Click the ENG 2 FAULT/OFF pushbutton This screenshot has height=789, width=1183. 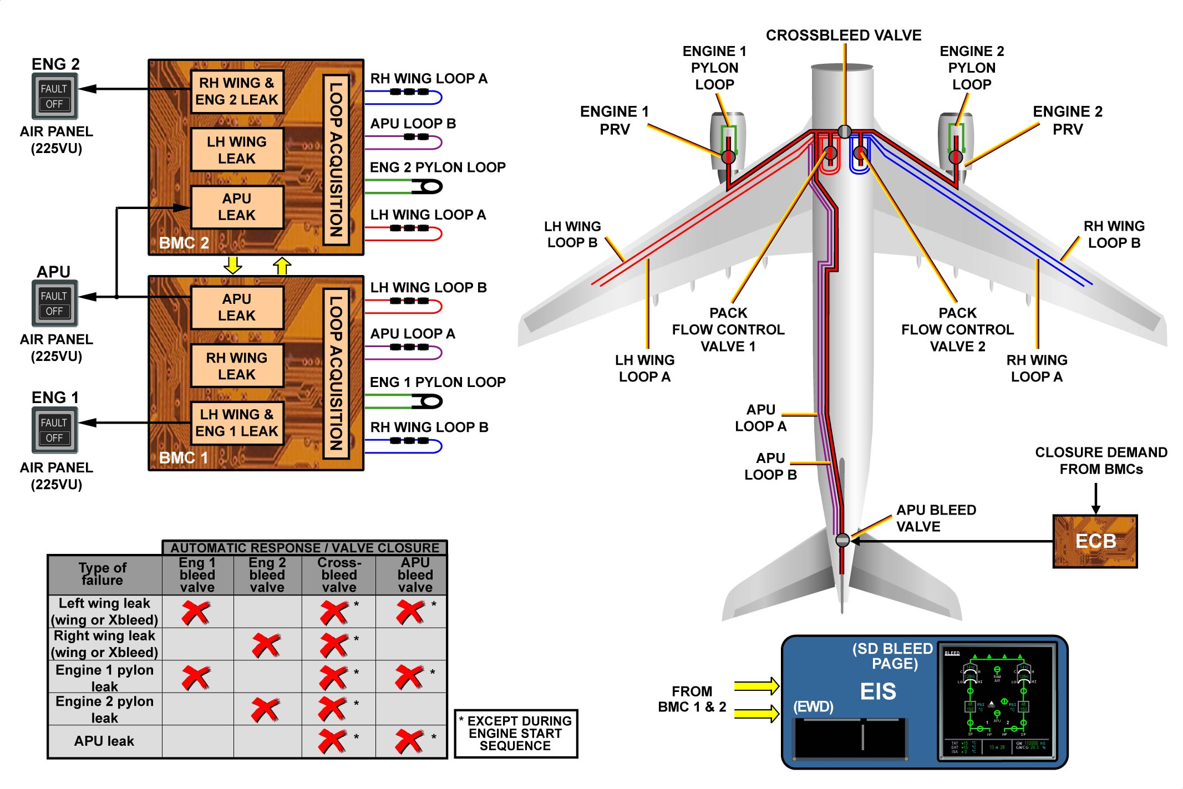coord(54,96)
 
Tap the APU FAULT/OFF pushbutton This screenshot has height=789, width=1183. coord(54,303)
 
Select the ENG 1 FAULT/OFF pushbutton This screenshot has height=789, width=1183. coord(54,430)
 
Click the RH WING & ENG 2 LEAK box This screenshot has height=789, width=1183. coord(237,91)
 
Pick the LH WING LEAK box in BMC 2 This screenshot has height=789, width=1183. coord(237,150)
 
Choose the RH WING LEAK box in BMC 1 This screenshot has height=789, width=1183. coord(237,366)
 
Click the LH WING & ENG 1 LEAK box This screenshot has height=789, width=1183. coord(237,423)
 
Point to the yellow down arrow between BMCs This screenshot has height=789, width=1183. coord(233,265)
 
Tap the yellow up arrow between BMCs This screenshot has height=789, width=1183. coord(282,266)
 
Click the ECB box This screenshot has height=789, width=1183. coord(1095,541)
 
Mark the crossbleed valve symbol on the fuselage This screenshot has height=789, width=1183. coord(844,131)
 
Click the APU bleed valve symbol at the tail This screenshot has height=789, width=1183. coord(842,539)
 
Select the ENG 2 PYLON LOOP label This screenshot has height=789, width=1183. coord(438,167)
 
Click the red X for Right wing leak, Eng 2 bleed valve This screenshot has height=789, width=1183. coord(267,645)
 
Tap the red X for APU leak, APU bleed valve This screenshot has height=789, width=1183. coord(410,741)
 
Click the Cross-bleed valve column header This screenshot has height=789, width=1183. coord(339,575)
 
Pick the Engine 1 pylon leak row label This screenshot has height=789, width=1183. coord(105,678)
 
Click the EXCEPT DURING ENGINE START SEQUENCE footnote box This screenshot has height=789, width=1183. coord(516,734)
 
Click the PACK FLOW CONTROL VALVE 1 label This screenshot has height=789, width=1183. coord(728,329)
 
